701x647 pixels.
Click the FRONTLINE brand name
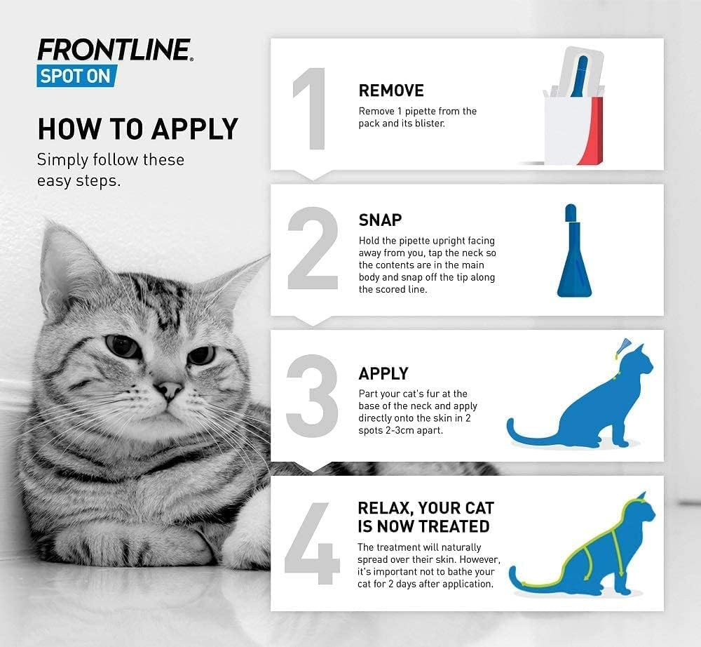pyautogui.click(x=114, y=50)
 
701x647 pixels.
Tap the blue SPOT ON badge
pyautogui.click(x=75, y=76)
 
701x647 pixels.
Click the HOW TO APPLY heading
pyautogui.click(x=137, y=129)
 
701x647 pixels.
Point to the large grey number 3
pyautogui.click(x=313, y=396)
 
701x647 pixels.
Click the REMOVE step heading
pyautogui.click(x=391, y=91)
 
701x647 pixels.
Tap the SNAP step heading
pyautogui.click(x=380, y=220)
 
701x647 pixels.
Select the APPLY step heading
pyautogui.click(x=383, y=373)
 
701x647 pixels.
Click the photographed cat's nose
pyautogui.click(x=168, y=388)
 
